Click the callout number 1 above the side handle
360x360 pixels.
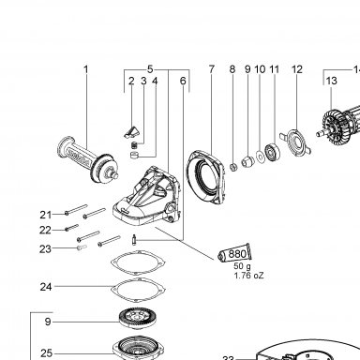(x=86, y=69)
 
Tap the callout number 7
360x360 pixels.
(x=212, y=69)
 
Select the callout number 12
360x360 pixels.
(x=297, y=69)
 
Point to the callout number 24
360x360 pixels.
(x=46, y=287)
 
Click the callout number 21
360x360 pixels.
(x=46, y=215)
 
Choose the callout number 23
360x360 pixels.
(x=45, y=249)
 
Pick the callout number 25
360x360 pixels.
(x=46, y=353)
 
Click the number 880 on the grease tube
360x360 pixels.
(x=237, y=254)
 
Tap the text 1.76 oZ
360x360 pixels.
(x=248, y=276)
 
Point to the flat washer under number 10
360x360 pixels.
(x=260, y=156)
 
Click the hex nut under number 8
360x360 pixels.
(x=233, y=167)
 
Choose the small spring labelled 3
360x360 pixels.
(x=134, y=145)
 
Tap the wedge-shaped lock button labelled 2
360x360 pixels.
(x=130, y=132)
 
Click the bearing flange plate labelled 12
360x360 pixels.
(x=295, y=143)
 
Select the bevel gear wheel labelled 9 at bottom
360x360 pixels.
(x=137, y=319)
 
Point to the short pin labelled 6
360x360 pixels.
(x=134, y=240)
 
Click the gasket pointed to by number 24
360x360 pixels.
(x=139, y=290)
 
